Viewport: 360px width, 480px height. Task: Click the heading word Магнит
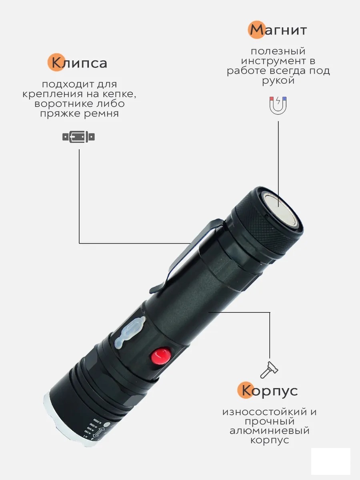[x=278, y=30]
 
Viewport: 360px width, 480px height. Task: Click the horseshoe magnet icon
[x=278, y=106]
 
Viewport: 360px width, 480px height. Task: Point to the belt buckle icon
[x=78, y=137]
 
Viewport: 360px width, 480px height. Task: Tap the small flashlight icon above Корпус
[x=269, y=370]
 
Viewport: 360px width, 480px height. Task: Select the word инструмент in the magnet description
[x=274, y=61]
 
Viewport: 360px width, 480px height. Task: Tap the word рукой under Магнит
[x=278, y=81]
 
